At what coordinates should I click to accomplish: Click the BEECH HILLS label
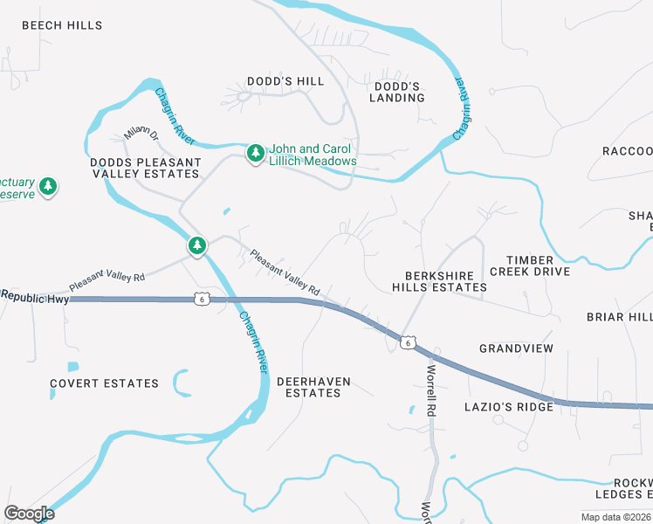[x=62, y=26]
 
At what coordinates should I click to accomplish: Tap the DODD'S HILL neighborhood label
[x=285, y=81]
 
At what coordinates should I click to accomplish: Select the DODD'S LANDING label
[x=399, y=92]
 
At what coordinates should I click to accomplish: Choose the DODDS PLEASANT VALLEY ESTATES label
[x=145, y=168]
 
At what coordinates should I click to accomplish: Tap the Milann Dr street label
[x=141, y=134]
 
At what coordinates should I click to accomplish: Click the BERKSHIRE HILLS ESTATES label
[x=439, y=280]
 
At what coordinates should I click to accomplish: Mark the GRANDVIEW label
[x=516, y=348]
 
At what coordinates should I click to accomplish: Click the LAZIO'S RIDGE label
[x=509, y=407]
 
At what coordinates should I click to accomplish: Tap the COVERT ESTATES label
[x=104, y=383]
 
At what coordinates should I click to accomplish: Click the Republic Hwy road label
[x=35, y=297]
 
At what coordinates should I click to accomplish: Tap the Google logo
[x=30, y=514]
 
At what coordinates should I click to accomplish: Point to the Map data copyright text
[x=616, y=517]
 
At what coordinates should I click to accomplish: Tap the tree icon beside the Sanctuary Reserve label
[x=49, y=186]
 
